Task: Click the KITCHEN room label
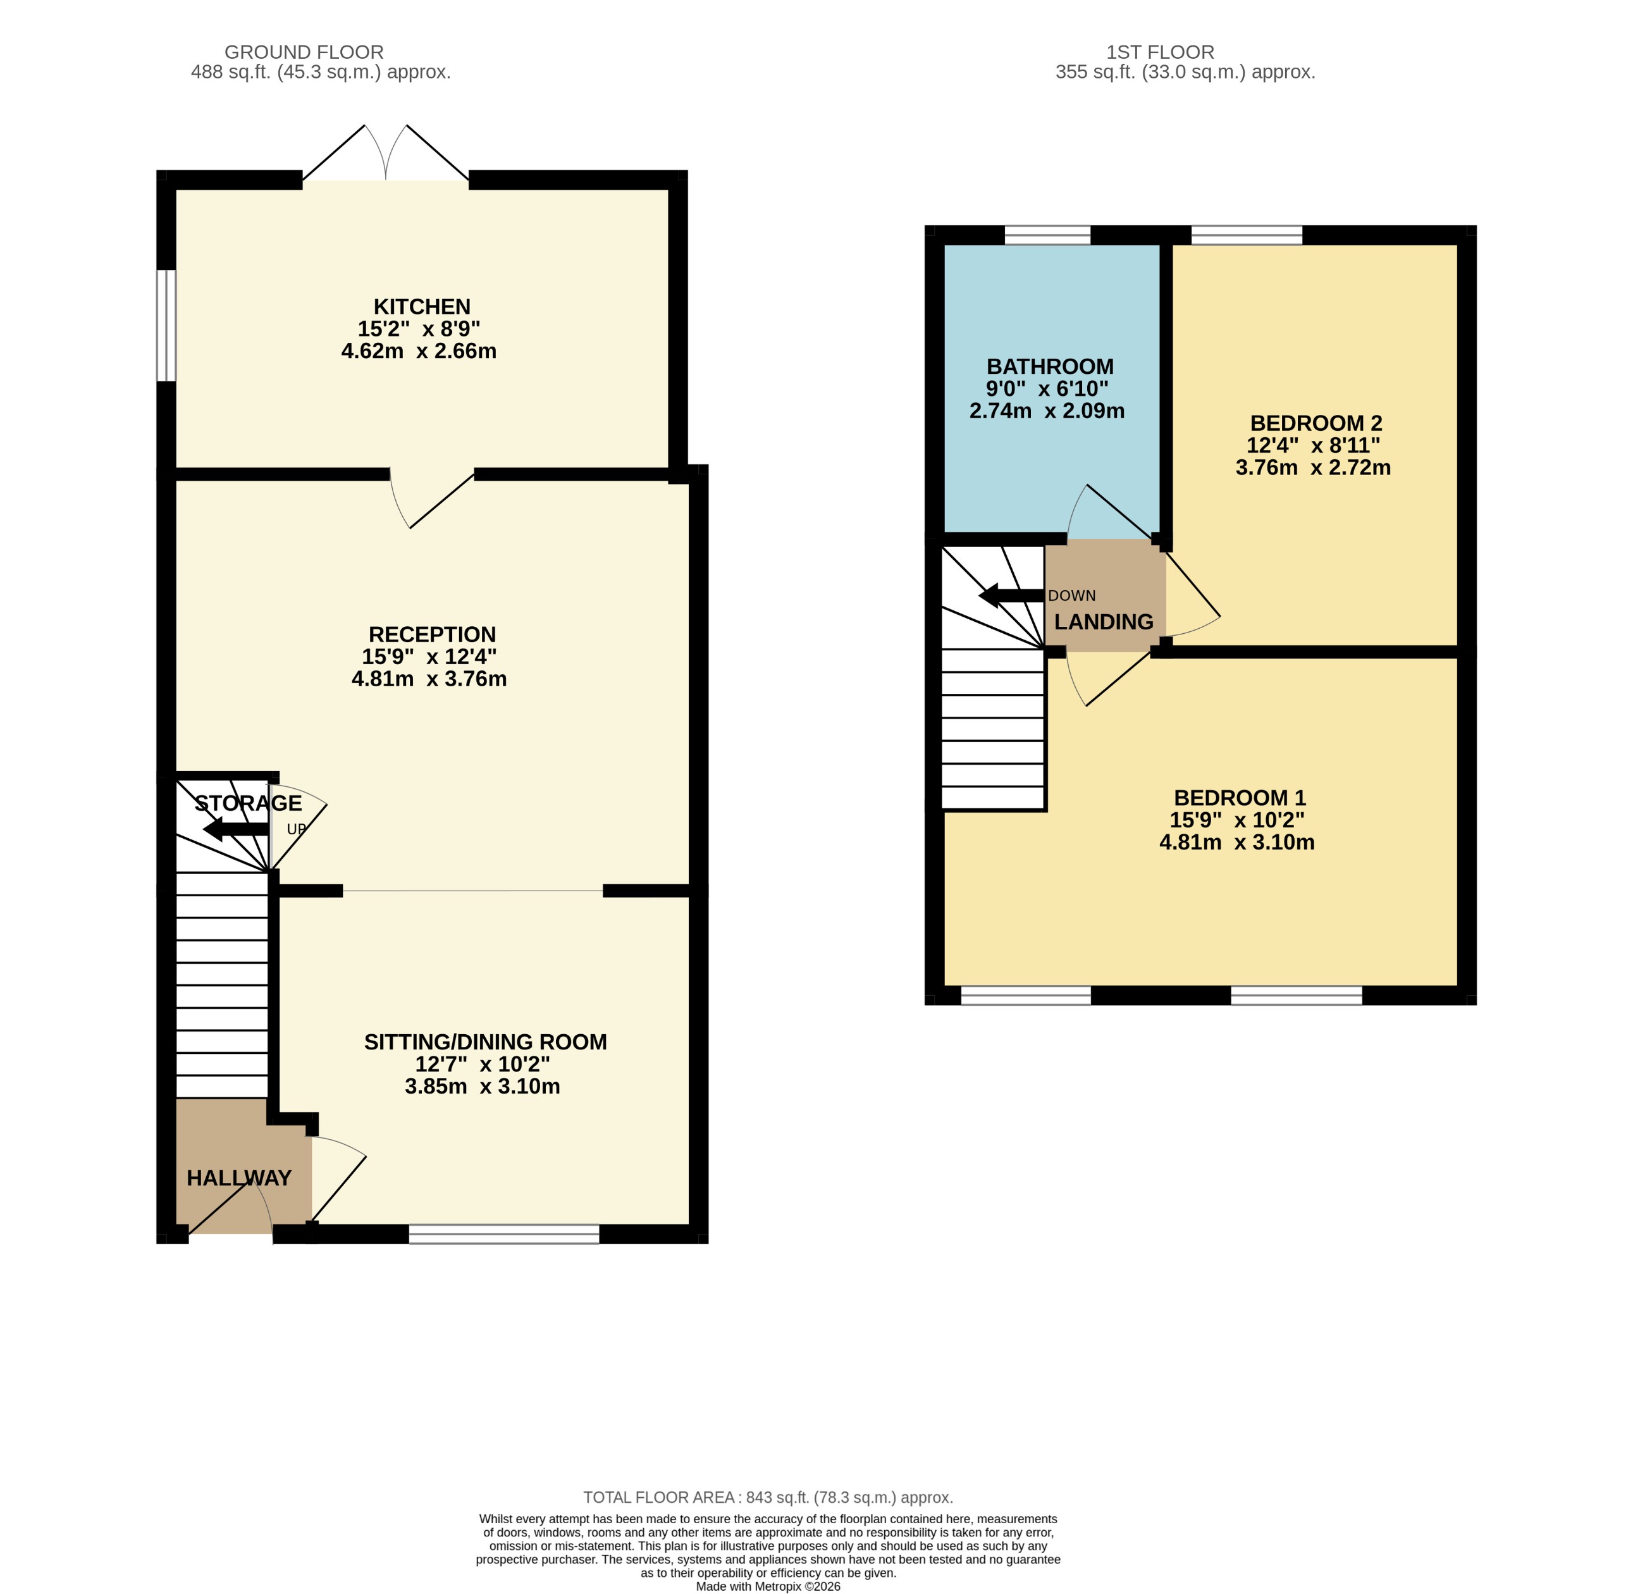click(x=421, y=306)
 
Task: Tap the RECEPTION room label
click(x=432, y=634)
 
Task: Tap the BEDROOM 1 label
click(x=1240, y=797)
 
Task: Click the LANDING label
click(x=1103, y=621)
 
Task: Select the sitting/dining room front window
click(x=504, y=1234)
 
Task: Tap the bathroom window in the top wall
click(x=1047, y=235)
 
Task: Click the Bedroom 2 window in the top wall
click(x=1247, y=235)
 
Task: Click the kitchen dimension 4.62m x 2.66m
click(x=419, y=351)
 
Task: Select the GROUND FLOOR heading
click(x=304, y=52)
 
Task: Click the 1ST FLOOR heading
click(x=1159, y=52)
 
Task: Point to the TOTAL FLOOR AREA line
click(x=768, y=1497)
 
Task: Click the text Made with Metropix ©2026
click(x=768, y=1586)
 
